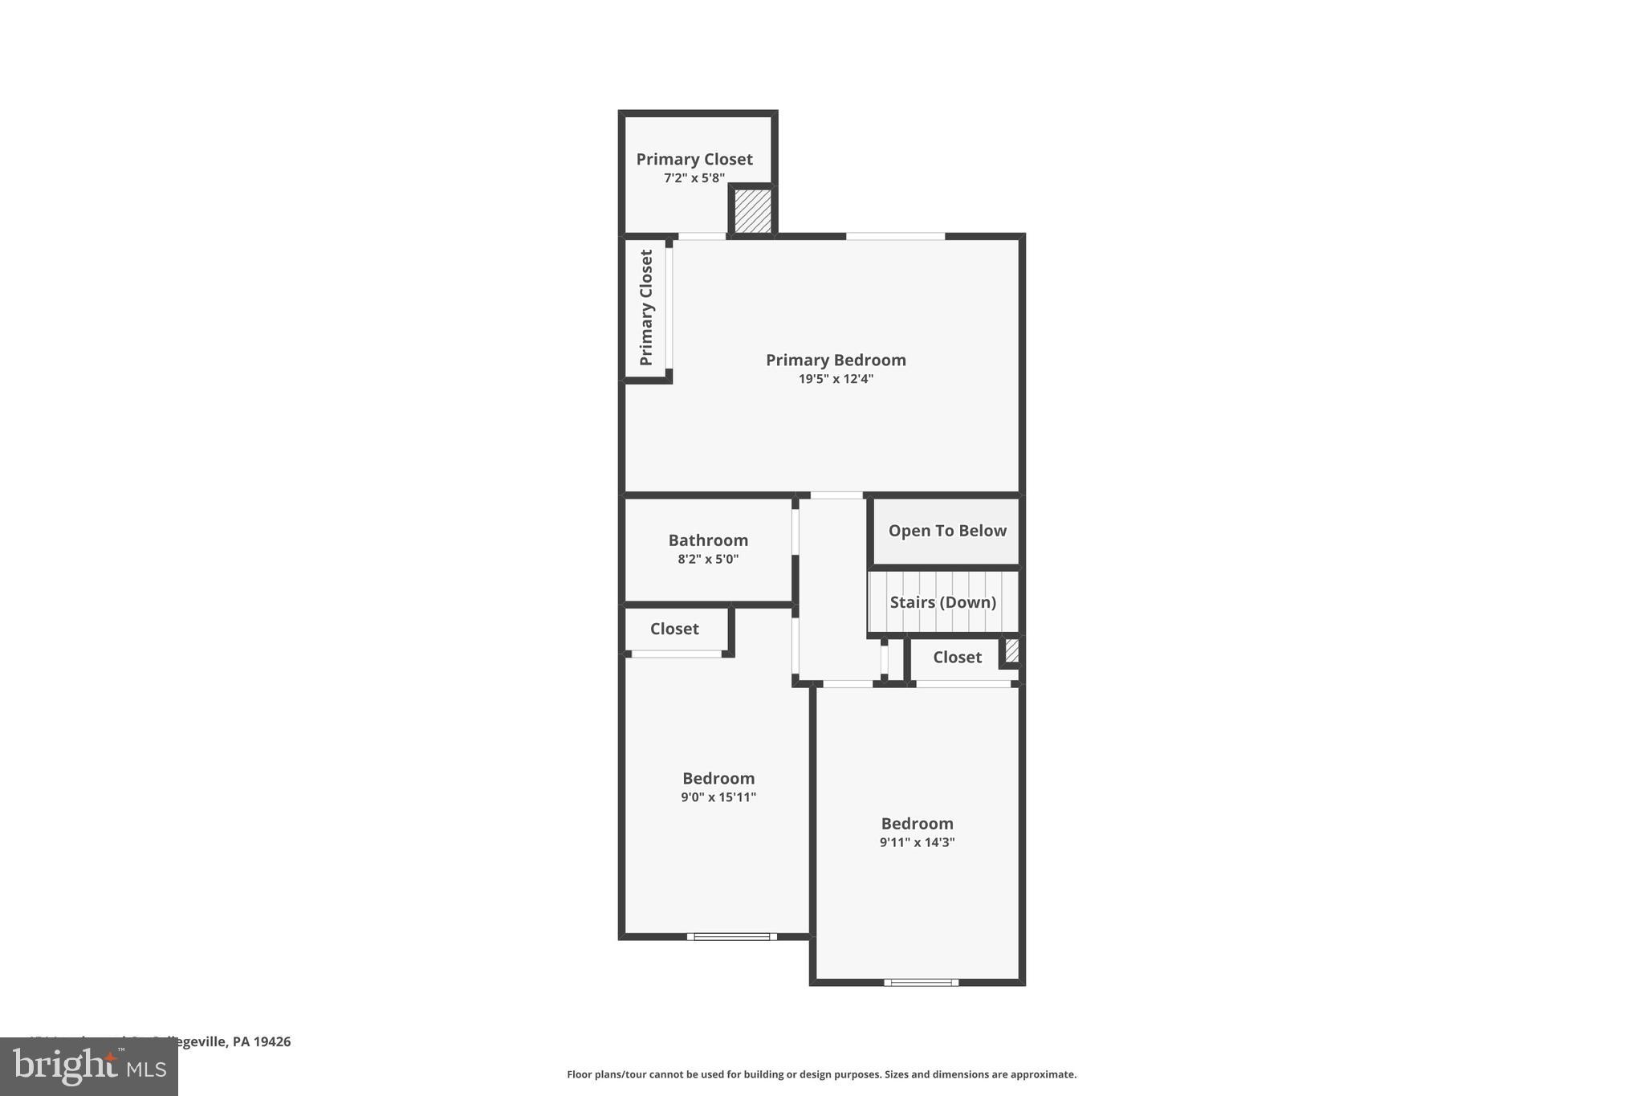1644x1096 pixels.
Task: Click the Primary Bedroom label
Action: pos(836,360)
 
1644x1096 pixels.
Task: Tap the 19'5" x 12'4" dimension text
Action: pos(836,379)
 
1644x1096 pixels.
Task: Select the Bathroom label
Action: pos(708,540)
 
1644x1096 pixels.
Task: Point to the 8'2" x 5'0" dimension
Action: pos(708,559)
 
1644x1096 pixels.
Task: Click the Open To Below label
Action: pos(947,531)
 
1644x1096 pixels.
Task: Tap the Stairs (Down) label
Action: pos(943,602)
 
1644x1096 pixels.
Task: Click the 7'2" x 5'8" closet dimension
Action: pos(694,178)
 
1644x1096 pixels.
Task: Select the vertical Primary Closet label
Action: pos(647,308)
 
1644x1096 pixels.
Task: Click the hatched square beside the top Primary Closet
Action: pos(753,210)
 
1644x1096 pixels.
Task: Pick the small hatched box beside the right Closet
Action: pos(1012,650)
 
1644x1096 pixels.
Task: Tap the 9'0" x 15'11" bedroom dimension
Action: pos(718,797)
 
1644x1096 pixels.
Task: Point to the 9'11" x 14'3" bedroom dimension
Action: pos(917,842)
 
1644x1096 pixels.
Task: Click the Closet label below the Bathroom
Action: pos(674,629)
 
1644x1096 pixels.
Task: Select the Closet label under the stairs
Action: pos(957,658)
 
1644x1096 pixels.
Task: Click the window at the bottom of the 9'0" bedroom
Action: pos(731,936)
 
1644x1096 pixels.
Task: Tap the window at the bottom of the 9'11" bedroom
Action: pos(921,982)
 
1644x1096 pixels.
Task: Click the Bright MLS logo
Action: pos(89,1067)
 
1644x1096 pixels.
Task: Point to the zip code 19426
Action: pos(272,1041)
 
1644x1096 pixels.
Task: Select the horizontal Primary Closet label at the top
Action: pos(694,159)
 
